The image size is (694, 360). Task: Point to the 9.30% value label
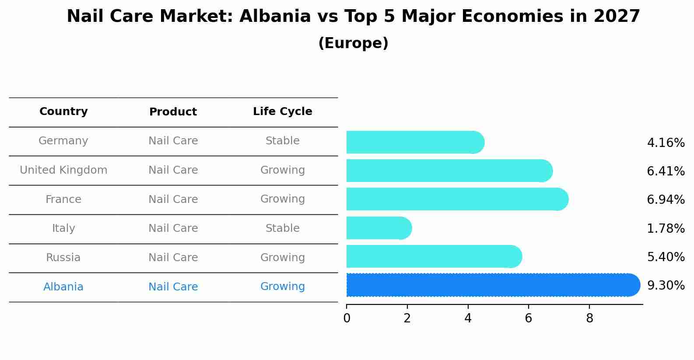point(666,286)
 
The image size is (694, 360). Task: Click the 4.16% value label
point(666,143)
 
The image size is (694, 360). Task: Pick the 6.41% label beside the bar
point(666,171)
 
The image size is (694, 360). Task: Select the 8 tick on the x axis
point(589,318)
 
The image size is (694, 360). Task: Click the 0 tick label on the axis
point(347,318)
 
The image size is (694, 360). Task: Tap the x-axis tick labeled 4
point(468,318)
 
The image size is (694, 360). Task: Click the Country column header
point(63,112)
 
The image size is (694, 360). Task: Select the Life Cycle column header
point(282,112)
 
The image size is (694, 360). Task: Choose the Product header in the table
point(173,112)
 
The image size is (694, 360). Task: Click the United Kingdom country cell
point(63,170)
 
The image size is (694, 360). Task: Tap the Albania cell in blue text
point(63,287)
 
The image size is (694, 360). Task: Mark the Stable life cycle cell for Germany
point(282,141)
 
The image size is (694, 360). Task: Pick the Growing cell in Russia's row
point(282,258)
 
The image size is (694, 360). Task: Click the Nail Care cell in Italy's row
point(173,228)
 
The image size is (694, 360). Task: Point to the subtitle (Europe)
point(353,43)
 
